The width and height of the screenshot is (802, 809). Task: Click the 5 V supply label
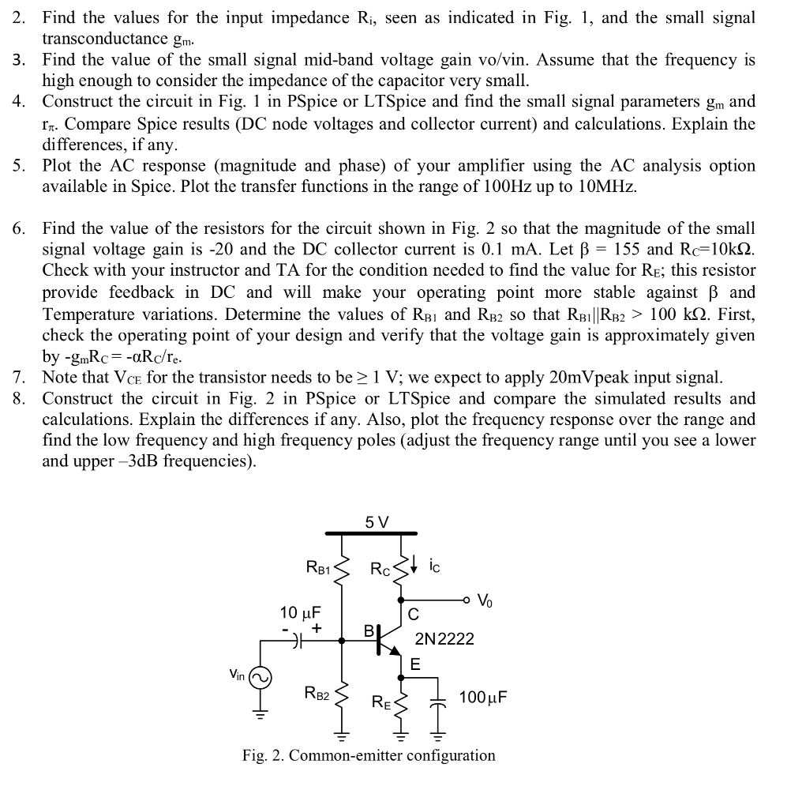click(x=377, y=522)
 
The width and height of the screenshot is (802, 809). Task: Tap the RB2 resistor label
click(x=317, y=694)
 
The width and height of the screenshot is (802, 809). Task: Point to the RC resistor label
click(x=380, y=567)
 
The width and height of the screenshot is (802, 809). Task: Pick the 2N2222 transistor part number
click(x=444, y=638)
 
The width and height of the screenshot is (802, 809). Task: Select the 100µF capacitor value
click(x=483, y=697)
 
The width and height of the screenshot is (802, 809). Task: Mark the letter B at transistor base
click(x=368, y=631)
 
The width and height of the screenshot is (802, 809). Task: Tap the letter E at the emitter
click(x=415, y=666)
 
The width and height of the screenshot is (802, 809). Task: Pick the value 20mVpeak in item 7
click(x=605, y=377)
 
